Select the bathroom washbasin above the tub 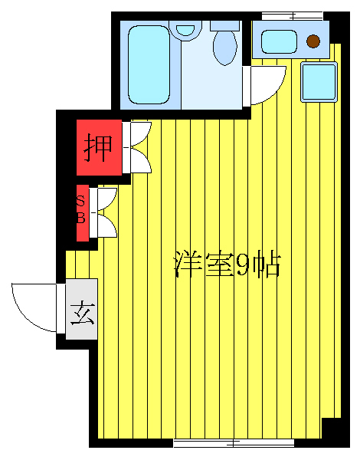pos(186,31)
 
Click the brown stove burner pos(313,41)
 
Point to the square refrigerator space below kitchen pos(318,80)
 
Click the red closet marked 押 pos(98,146)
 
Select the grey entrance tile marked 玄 pos(82,313)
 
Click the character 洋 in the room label pos(188,264)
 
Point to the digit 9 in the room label pos(241,265)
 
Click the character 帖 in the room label pos(266,264)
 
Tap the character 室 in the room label pos(217,264)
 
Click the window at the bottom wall pos(233,442)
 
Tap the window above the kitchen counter pos(292,15)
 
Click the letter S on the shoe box pos(80,202)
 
